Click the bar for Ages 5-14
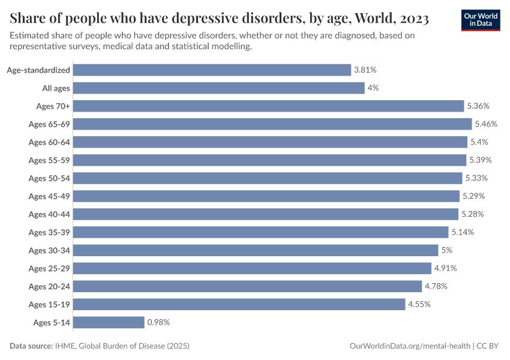click(109, 322)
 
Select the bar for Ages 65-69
click(272, 124)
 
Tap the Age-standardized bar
click(212, 70)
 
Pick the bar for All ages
click(218, 88)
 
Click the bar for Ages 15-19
click(239, 304)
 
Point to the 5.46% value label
click(486, 124)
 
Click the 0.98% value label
click(158, 322)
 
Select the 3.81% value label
click(365, 70)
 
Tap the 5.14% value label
click(463, 232)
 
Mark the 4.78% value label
click(436, 286)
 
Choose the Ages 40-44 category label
click(49, 214)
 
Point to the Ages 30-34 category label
click(49, 250)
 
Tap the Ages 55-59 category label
click(49, 160)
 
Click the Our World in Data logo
click(481, 19)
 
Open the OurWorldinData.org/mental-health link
click(409, 346)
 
